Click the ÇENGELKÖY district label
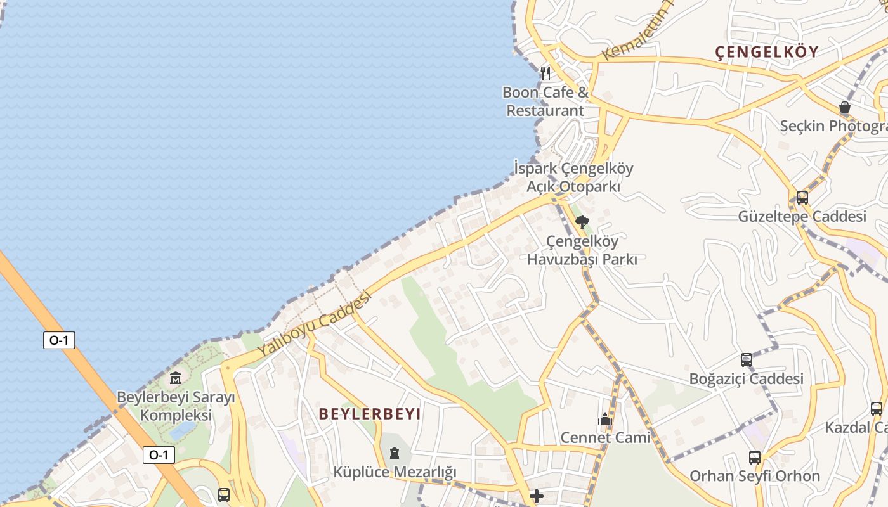point(767,52)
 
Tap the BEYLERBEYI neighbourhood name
point(370,414)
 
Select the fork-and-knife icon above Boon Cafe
point(545,73)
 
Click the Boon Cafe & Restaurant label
point(545,101)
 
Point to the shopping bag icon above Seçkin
point(845,107)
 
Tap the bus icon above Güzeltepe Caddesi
point(802,197)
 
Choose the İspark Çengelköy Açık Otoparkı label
point(573,177)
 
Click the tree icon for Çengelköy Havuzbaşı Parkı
point(582,222)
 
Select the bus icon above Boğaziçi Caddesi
point(747,360)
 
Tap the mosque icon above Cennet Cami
point(605,419)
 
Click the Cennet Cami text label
point(605,437)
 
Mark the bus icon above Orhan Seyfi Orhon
point(754,457)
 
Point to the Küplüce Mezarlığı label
point(395,472)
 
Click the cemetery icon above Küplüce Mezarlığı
point(395,453)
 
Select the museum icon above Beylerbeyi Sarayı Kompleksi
point(176,378)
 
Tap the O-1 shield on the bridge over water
point(59,340)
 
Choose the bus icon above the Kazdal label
point(877,409)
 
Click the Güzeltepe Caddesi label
point(802,217)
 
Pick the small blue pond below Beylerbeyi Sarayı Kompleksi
point(183,431)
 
